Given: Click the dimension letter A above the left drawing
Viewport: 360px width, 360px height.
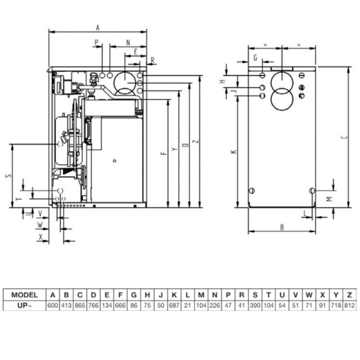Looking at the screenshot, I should pyautogui.click(x=97, y=27).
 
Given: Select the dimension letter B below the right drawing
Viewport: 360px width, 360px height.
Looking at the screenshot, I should pyautogui.click(x=282, y=227).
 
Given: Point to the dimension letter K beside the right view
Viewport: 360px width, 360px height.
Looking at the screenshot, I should pyautogui.click(x=233, y=152).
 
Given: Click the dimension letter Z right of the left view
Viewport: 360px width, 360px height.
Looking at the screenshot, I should pyautogui.click(x=195, y=141).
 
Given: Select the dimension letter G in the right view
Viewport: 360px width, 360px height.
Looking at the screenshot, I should pyautogui.click(x=255, y=58).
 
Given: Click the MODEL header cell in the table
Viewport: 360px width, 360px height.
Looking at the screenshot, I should pyautogui.click(x=25, y=295).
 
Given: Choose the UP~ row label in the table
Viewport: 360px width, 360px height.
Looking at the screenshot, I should pyautogui.click(x=25, y=306).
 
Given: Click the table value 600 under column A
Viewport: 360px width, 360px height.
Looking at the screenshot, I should pyautogui.click(x=53, y=306).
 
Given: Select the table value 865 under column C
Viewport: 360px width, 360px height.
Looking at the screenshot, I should pyautogui.click(x=80, y=306).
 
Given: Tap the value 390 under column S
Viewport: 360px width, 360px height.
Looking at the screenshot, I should pyautogui.click(x=255, y=306).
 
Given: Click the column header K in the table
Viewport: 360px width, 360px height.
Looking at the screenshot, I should pyautogui.click(x=174, y=295).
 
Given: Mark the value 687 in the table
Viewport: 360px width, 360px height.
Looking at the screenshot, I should pyautogui.click(x=174, y=306).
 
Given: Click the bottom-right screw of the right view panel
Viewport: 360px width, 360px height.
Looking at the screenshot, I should pyautogui.click(x=311, y=191).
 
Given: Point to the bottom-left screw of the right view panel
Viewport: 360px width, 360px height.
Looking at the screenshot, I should pyautogui.click(x=252, y=190).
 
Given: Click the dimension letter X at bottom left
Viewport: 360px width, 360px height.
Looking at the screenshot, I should pyautogui.click(x=41, y=236).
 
